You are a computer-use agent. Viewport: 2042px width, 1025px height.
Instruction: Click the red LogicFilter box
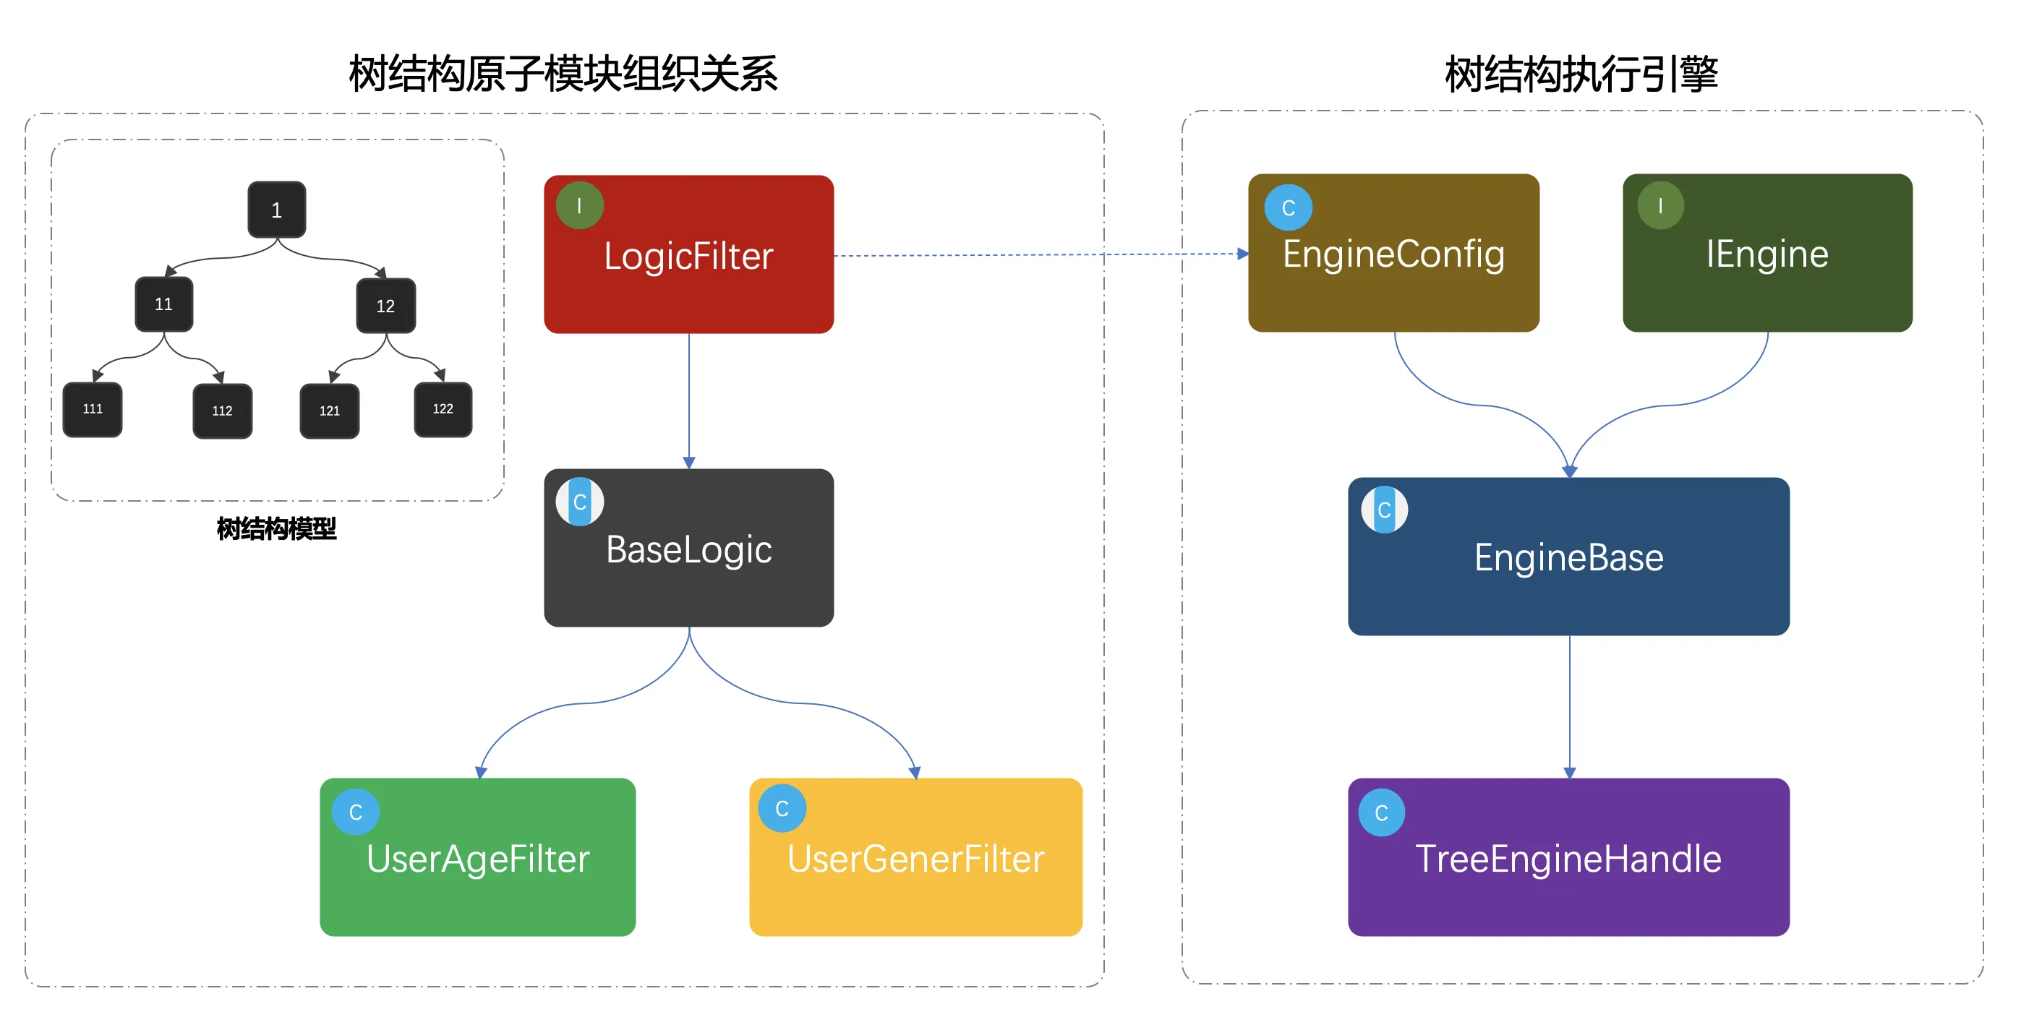click(688, 254)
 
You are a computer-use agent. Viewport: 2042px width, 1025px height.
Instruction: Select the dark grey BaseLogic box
click(688, 548)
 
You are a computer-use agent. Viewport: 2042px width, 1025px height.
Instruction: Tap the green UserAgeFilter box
click(477, 857)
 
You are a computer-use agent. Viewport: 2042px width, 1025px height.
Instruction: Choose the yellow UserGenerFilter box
click(915, 857)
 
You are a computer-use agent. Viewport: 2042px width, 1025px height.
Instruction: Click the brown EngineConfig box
click(1393, 253)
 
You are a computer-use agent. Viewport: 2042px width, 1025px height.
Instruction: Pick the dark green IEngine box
click(1767, 253)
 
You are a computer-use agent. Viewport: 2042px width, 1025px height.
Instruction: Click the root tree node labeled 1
click(277, 210)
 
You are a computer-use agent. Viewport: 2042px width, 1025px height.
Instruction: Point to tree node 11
click(164, 304)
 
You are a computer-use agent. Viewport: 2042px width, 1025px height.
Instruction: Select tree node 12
click(385, 306)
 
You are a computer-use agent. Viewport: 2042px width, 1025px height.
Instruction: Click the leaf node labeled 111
click(93, 409)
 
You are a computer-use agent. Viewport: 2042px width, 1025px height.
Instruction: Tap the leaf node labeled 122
click(443, 409)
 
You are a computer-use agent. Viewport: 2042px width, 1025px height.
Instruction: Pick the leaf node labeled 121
click(330, 411)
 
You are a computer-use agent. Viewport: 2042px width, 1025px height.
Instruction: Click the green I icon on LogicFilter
click(579, 206)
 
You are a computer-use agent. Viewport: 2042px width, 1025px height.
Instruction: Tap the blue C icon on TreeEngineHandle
click(1382, 812)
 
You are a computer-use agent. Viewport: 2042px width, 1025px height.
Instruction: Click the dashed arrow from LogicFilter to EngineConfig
click(1030, 254)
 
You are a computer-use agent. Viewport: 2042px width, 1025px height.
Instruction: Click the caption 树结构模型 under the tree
click(277, 528)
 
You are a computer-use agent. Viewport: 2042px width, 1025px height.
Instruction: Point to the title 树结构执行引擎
click(1581, 74)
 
